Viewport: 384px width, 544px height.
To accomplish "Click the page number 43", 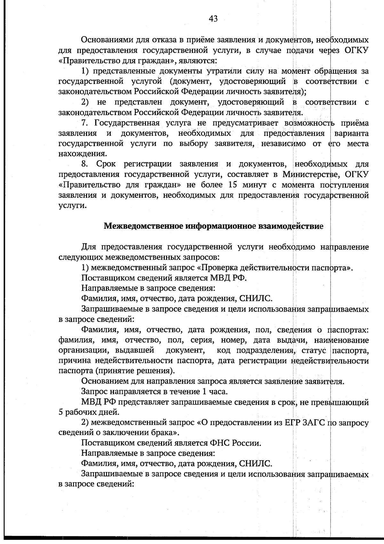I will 213,19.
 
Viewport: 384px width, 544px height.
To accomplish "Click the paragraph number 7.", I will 84,123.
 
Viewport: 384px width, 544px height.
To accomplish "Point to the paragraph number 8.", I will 84,164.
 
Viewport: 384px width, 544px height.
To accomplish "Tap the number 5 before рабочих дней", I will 61,412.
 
